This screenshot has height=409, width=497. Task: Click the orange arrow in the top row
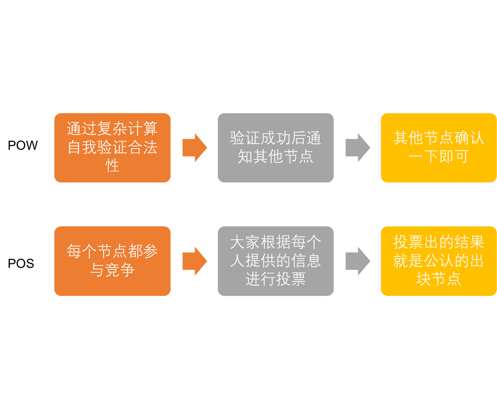point(194,148)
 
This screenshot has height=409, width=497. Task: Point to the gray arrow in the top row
point(358,148)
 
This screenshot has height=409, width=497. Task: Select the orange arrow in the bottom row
point(194,261)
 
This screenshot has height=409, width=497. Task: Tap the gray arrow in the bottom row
point(358,261)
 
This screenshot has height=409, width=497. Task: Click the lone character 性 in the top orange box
point(112,165)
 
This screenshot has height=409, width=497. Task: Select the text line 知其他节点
point(275,157)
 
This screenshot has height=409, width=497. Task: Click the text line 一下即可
point(438,157)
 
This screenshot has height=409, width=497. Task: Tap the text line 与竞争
point(112,270)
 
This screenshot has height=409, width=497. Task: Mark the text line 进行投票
point(275,279)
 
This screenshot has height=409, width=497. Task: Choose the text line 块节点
point(438,279)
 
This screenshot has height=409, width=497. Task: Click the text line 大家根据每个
point(275,242)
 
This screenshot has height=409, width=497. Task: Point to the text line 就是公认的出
point(438,261)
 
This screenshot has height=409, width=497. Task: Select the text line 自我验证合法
point(112,147)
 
